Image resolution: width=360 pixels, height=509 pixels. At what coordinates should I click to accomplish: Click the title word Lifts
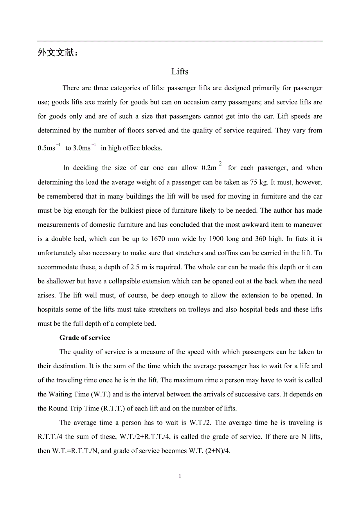180,72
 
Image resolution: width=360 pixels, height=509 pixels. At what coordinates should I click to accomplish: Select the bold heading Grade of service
85,338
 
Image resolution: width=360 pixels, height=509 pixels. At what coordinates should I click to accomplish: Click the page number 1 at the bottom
180,476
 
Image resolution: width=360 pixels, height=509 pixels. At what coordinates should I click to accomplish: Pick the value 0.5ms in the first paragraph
47,148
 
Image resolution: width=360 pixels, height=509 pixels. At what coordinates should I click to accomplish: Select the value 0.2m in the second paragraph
209,168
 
